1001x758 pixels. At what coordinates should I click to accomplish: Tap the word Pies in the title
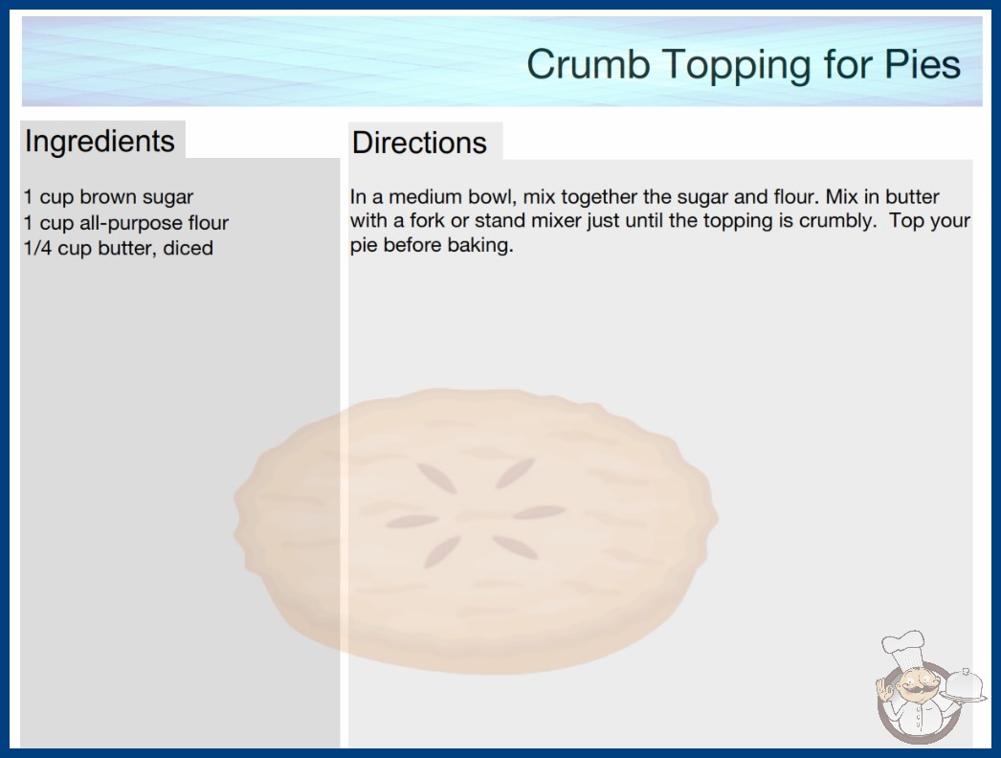point(922,64)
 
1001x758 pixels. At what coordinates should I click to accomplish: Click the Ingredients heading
point(100,142)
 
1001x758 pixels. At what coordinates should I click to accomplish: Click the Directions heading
point(419,142)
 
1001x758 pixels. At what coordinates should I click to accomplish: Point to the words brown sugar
point(136,197)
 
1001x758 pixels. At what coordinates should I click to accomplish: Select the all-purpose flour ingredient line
point(125,223)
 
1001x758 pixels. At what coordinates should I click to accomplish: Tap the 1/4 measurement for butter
point(37,248)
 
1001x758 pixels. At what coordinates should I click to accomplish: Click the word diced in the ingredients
point(188,248)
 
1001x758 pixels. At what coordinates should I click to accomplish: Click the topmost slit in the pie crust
point(515,473)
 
